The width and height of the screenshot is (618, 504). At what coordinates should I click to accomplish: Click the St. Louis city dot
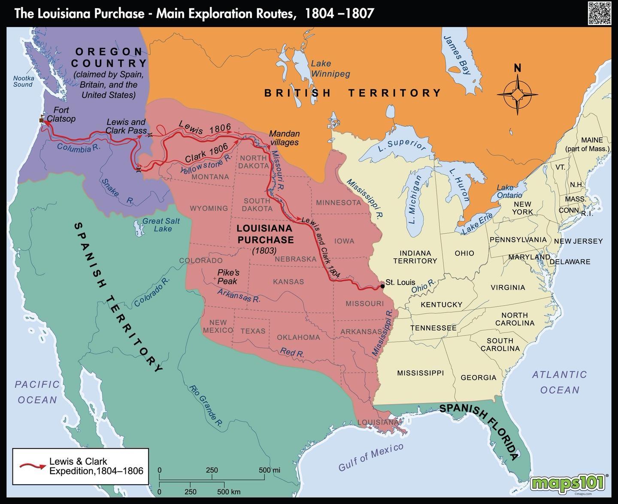tap(382, 286)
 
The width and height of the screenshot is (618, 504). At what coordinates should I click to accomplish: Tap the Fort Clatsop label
tap(61, 114)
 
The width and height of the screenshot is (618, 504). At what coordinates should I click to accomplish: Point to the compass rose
tap(518, 94)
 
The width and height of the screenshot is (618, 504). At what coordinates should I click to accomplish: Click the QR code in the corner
tap(599, 13)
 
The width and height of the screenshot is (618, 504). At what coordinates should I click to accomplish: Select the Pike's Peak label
tap(228, 277)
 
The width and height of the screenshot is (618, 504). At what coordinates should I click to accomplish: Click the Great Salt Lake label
tap(161, 225)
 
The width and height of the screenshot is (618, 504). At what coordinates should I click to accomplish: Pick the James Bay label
tap(457, 55)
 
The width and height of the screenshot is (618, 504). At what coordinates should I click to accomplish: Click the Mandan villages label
tap(284, 138)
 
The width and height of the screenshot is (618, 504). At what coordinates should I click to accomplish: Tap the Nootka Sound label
tap(23, 81)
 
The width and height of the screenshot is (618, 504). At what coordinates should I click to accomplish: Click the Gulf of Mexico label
tap(371, 457)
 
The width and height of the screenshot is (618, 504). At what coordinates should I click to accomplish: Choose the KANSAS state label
tap(288, 282)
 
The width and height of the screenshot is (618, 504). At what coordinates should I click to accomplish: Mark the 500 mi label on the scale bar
tap(269, 470)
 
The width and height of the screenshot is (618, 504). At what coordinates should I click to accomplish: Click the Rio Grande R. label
tap(206, 406)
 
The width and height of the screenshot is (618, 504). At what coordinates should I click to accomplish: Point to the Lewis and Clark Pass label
tap(126, 126)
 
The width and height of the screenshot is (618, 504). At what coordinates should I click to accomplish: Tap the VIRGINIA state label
tap(508, 287)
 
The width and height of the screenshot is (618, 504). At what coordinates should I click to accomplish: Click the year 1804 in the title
tap(319, 13)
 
